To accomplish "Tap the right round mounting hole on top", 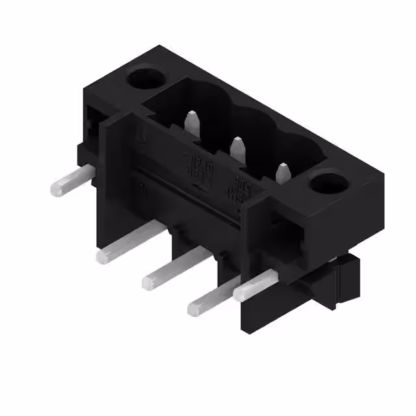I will tap(323, 184).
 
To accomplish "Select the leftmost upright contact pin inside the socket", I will tap(192, 123).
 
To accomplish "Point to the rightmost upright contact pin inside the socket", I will tap(282, 174).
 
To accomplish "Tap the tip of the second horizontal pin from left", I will tap(104, 256).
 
